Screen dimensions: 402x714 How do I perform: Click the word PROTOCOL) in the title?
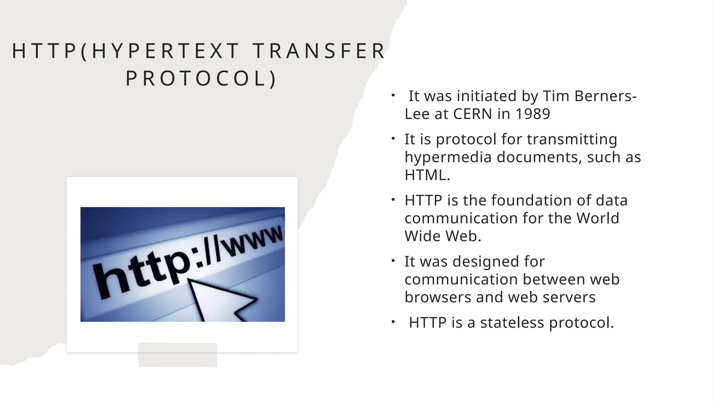tap(201, 79)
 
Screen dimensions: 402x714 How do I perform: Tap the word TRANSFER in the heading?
tap(319, 51)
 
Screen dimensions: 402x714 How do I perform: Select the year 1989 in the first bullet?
tap(532, 114)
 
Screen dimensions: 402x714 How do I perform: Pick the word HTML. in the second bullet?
tap(427, 175)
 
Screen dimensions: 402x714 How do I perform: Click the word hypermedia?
tap(448, 157)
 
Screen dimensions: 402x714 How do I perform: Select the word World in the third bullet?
tap(598, 218)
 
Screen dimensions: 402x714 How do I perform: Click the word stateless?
tap(512, 322)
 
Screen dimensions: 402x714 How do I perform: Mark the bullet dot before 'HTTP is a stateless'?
tap(393, 322)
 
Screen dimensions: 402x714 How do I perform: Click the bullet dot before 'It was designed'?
tap(393, 261)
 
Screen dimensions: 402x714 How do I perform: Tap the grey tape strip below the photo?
tap(178, 355)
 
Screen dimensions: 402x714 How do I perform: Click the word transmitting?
tap(572, 139)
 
